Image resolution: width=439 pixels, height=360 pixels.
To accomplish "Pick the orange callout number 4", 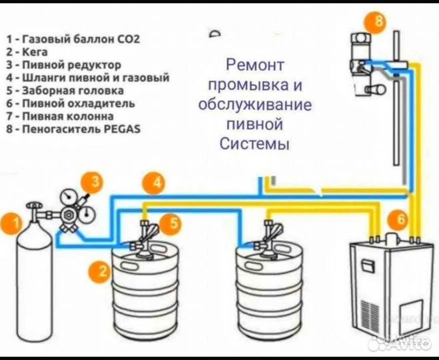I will pyautogui.click(x=155, y=181).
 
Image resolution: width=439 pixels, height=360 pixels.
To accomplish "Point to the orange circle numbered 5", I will pyautogui.click(x=172, y=223).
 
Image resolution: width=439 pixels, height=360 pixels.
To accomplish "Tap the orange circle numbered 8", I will pyautogui.click(x=377, y=22).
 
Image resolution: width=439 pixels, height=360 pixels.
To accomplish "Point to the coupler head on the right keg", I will pyautogui.click(x=270, y=237).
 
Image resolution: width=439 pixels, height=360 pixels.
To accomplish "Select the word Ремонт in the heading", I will pyautogui.click(x=255, y=65).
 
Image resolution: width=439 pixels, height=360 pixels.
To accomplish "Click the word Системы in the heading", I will pyautogui.click(x=255, y=144).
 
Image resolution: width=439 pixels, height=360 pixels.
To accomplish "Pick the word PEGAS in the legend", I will pyautogui.click(x=123, y=129).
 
